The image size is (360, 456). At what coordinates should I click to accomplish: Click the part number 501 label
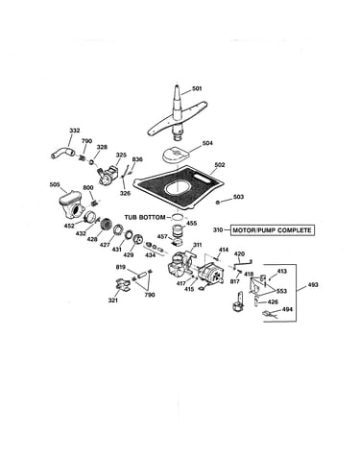pos(197,88)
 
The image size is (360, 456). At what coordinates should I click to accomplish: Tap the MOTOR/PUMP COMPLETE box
pos(272,230)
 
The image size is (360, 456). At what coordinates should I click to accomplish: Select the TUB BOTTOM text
pos(145,217)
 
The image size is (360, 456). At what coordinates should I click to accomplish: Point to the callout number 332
pos(75,131)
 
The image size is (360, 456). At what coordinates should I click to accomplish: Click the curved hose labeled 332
pos(63,152)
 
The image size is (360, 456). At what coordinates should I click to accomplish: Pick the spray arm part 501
pos(178,115)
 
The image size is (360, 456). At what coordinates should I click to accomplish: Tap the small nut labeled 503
pos(218,202)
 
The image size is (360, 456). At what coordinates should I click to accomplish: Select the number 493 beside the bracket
pos(313,284)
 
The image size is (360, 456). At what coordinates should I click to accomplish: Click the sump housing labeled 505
pos(72,205)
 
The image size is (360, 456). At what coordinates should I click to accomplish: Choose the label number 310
pos(218,230)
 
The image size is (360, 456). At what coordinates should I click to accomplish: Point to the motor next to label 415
pos(210,275)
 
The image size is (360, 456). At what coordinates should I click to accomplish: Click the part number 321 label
pos(113,300)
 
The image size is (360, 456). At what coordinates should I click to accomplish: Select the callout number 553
pos(281,291)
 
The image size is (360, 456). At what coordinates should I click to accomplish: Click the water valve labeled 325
pos(108,173)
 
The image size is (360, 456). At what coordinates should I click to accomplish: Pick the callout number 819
pos(121,267)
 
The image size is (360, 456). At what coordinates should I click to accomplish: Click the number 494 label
pos(287,309)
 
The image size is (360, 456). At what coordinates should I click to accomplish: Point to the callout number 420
pos(240,254)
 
